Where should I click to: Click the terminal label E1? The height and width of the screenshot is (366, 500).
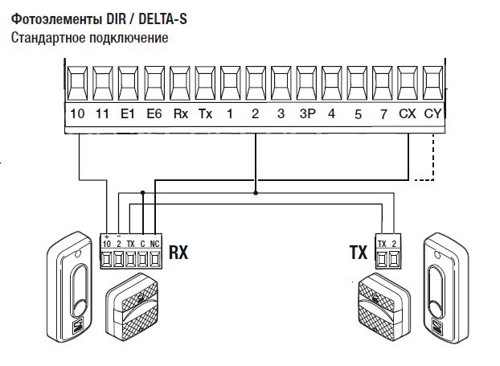coord(128,114)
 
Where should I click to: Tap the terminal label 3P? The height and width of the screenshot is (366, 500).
coord(306,114)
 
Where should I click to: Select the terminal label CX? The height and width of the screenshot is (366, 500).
coord(408,114)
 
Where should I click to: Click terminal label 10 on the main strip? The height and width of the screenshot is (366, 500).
coord(77,114)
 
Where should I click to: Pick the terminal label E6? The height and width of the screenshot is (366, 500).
coord(154,114)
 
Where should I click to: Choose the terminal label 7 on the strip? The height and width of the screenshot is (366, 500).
coord(383,114)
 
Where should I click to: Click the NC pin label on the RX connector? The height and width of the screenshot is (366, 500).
coord(154,243)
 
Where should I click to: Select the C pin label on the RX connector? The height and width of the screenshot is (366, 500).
coord(142,243)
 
